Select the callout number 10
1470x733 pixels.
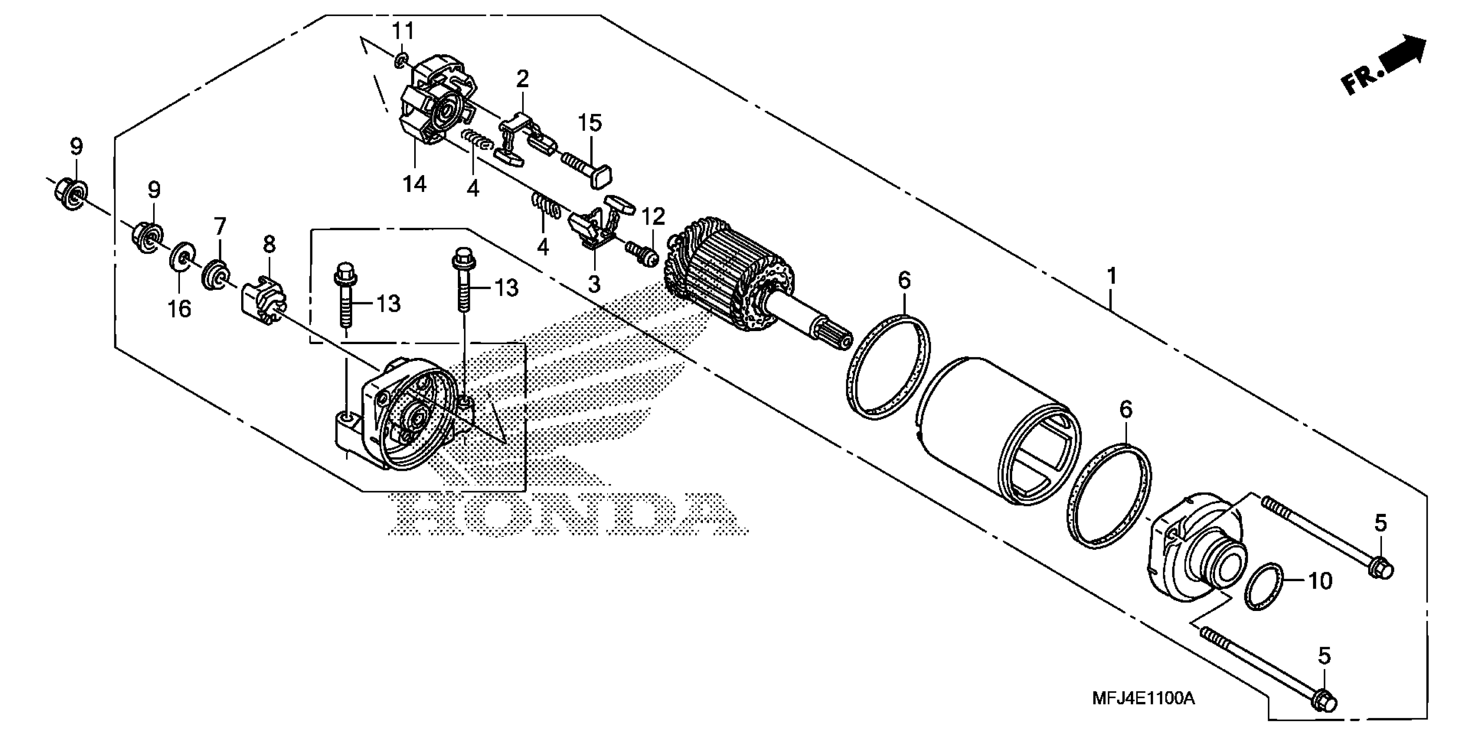pyautogui.click(x=1319, y=581)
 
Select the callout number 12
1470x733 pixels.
pyautogui.click(x=653, y=217)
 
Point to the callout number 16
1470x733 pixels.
pyautogui.click(x=179, y=309)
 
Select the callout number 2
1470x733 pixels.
pyautogui.click(x=522, y=79)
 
